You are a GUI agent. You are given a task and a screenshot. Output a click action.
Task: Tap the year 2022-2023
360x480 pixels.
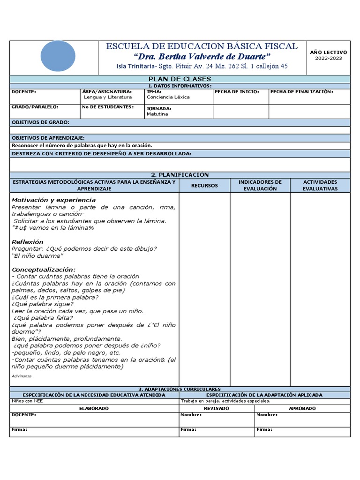coord(328,59)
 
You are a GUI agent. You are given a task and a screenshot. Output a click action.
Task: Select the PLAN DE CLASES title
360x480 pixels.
coord(180,79)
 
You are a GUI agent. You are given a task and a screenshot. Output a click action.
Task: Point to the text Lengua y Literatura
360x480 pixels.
coord(107,97)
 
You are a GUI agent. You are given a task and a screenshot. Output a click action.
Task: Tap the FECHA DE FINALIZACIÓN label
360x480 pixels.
coord(301,92)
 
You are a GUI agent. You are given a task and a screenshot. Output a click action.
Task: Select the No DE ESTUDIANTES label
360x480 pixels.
coord(107,107)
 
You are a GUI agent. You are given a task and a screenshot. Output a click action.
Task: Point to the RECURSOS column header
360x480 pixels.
coord(204,186)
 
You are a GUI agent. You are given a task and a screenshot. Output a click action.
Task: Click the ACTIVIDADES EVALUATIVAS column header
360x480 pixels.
coord(320,185)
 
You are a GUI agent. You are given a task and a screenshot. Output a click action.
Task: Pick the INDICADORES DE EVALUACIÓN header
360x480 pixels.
coord(260,185)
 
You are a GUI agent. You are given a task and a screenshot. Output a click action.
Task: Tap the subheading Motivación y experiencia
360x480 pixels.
coord(53,200)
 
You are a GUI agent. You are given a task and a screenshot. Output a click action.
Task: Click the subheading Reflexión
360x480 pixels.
coord(27,242)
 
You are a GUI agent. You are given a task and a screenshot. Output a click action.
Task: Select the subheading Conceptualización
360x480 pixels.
coord(43,270)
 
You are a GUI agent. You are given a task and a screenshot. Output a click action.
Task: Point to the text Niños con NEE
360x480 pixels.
coord(27,401)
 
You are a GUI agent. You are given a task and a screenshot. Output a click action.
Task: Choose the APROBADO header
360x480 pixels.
coord(302,408)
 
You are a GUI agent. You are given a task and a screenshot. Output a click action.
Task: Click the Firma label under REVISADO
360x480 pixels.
coord(188,429)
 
